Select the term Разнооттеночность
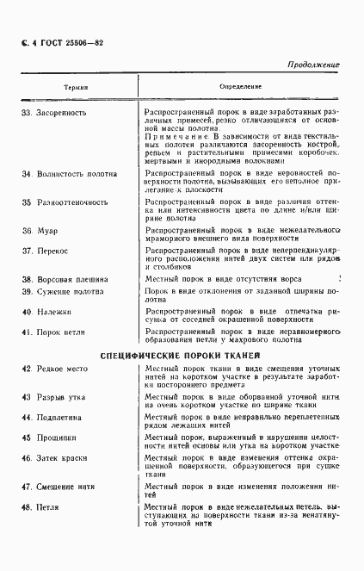[72, 203]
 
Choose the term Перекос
[52, 251]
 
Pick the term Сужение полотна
[71, 293]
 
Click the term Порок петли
[62, 332]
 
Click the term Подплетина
[62, 417]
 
